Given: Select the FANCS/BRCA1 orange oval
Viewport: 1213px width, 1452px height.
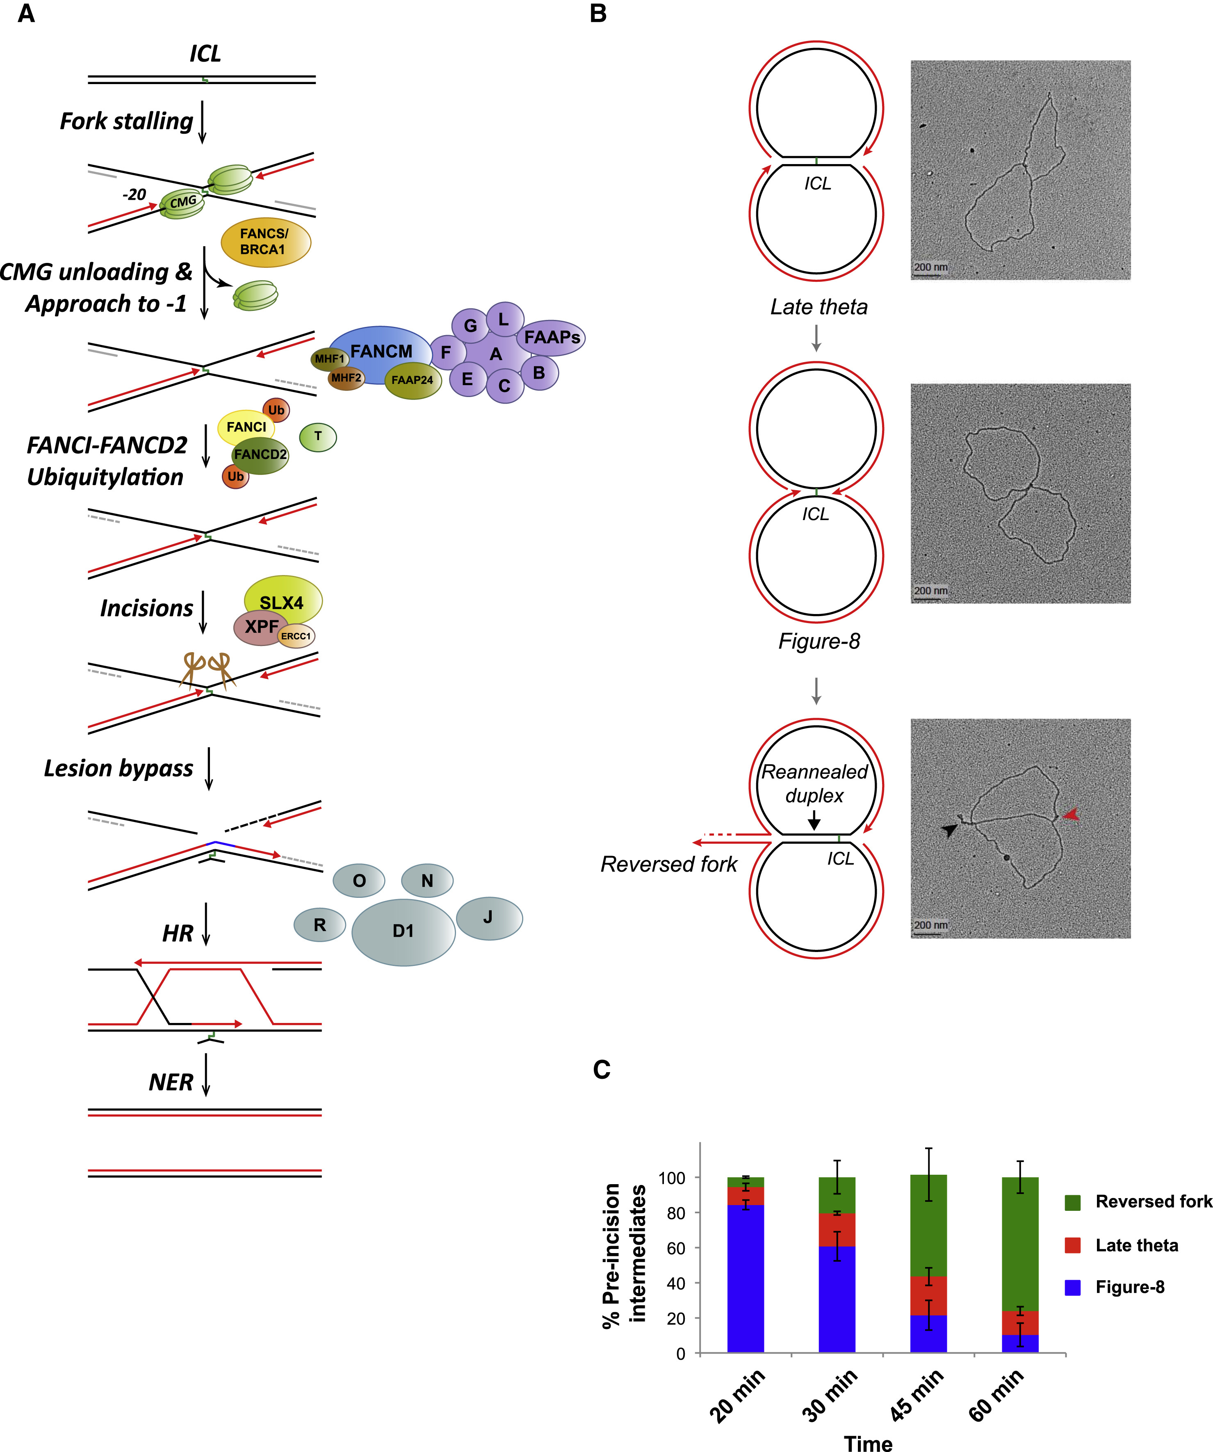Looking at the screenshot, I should tap(265, 242).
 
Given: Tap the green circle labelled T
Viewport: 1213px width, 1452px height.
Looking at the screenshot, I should tap(318, 436).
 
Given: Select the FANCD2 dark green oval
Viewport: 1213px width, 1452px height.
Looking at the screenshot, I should tap(260, 454).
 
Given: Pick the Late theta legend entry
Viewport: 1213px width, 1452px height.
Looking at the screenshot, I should tap(1136, 1245).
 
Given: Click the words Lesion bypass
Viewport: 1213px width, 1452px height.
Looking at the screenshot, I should tap(118, 768).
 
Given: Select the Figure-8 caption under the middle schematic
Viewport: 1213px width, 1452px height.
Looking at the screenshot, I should tap(819, 641).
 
